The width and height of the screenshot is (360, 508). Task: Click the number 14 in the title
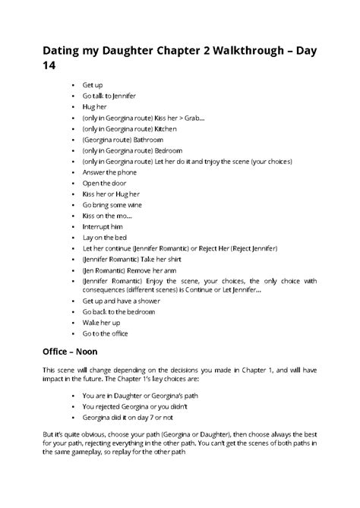coord(49,69)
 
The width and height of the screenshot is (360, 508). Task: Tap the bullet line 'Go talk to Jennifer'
coord(111,97)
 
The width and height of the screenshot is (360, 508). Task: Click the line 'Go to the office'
coord(106,333)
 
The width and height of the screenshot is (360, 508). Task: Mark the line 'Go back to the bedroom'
coord(119,312)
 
